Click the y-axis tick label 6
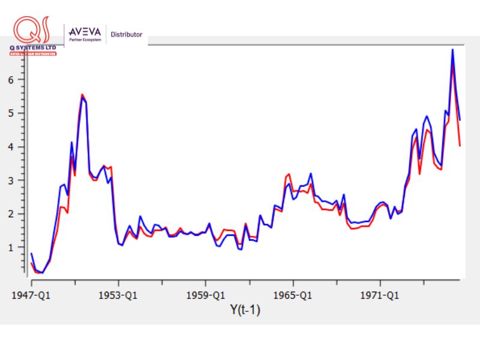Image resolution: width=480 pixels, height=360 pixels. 20,79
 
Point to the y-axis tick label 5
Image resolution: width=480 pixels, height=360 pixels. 20,113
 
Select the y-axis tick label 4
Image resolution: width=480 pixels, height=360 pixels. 20,146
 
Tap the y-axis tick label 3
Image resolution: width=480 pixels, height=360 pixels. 20,180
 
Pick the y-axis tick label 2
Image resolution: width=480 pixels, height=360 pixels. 20,214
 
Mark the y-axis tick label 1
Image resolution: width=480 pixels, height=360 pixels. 20,247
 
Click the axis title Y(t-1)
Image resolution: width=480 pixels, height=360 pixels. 245,310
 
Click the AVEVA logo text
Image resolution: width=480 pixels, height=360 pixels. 86,32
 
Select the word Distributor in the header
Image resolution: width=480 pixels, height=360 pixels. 127,35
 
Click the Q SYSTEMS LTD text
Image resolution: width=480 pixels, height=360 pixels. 33,48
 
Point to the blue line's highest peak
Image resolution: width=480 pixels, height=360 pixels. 452,49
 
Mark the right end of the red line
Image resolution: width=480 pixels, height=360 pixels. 460,145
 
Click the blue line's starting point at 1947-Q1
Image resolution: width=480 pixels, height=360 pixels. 31,254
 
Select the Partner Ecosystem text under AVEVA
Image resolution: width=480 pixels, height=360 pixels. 86,40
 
